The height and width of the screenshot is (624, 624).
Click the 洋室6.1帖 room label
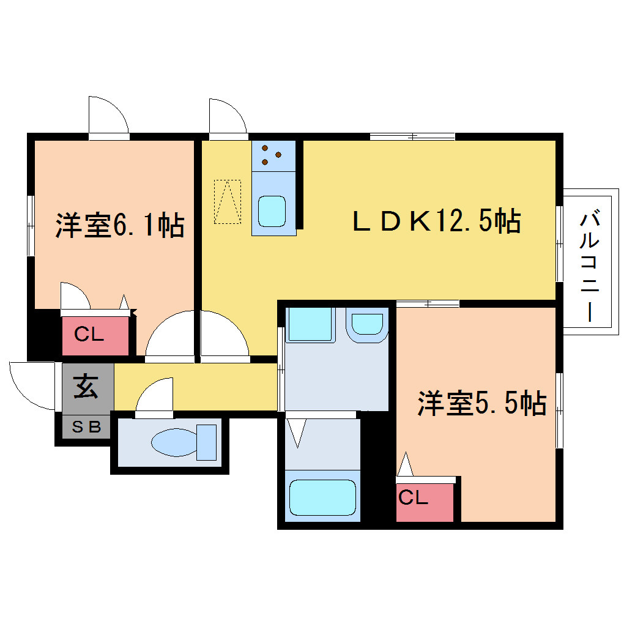coord(120,226)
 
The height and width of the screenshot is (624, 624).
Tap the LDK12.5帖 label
coord(437,221)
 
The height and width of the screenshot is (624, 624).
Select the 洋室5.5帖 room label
coord(482,404)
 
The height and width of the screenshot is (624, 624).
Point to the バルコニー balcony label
coord(589,267)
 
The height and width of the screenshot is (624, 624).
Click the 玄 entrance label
coord(86,387)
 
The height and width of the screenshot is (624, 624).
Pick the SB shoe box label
coord(86,427)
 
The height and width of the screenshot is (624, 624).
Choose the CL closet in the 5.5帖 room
coord(425,502)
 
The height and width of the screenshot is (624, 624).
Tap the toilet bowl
coord(174,442)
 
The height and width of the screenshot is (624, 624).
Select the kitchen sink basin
coord(272,211)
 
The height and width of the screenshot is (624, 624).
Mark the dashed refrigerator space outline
coord(228,202)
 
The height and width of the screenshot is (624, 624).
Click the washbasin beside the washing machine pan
coord(367,325)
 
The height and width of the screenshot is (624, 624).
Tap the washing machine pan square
coord(310,324)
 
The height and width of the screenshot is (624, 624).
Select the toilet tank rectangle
coord(207,442)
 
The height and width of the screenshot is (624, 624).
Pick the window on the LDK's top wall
coord(412,136)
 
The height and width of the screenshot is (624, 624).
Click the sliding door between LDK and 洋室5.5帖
coord(428,303)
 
